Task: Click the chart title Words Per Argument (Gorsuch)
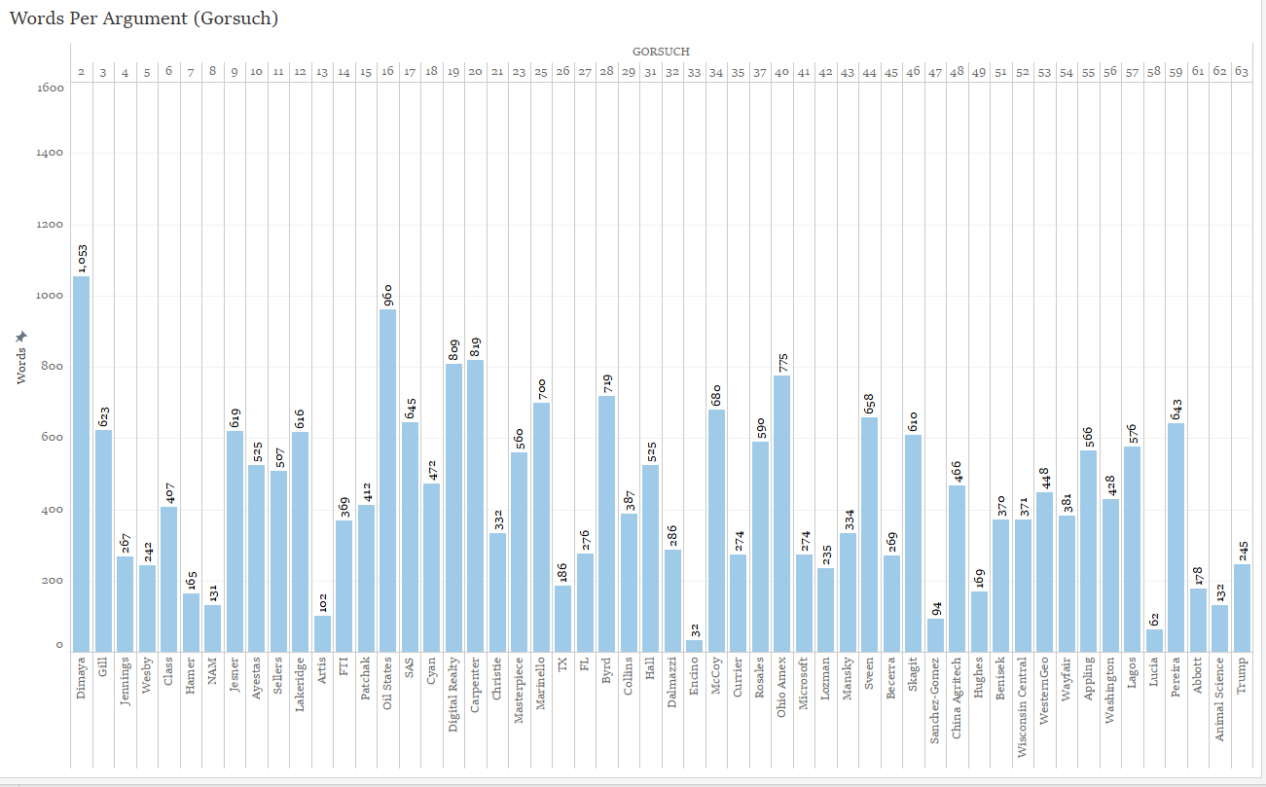coord(144,18)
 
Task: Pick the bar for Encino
coord(694,645)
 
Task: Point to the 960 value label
coord(387,293)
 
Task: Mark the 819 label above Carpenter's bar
coord(475,347)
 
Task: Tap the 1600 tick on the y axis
coord(51,88)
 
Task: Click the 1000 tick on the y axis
coord(51,296)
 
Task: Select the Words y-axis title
coord(21,358)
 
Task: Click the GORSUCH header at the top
coord(661,52)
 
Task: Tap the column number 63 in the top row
coord(1242,71)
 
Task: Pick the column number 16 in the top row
coord(387,71)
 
